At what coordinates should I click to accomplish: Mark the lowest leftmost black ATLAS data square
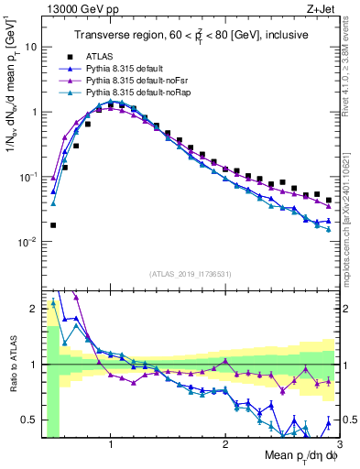click(x=53, y=224)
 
